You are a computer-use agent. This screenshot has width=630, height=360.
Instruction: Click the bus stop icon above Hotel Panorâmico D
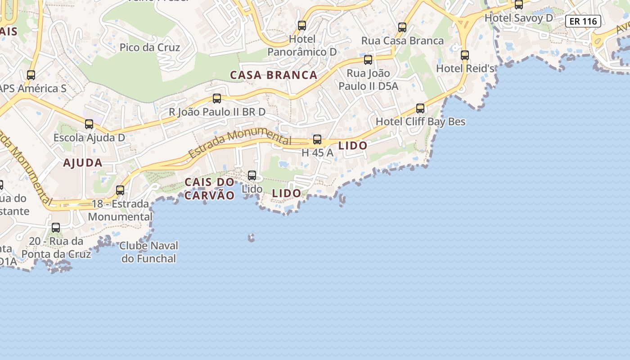(302, 26)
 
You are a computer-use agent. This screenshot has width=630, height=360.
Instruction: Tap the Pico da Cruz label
(150, 47)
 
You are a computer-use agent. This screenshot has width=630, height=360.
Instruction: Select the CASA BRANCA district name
(274, 75)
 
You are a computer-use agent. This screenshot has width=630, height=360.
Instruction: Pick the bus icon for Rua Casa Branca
(402, 27)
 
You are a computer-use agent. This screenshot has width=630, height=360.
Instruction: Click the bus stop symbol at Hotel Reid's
(465, 55)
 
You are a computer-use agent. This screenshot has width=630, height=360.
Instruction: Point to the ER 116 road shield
(583, 21)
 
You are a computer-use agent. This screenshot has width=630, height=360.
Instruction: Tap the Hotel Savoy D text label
(518, 18)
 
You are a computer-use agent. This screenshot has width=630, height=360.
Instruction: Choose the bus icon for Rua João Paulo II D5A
(368, 60)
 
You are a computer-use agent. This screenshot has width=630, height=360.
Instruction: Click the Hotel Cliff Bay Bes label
(420, 121)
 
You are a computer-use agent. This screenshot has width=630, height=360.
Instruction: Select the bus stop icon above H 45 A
(317, 139)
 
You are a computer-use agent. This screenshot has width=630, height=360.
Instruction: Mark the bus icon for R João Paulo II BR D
(217, 99)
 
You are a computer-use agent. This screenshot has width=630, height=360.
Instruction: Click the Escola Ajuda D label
(89, 137)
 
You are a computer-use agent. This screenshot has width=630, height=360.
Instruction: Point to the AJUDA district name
(83, 163)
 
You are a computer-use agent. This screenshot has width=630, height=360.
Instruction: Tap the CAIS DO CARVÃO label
(210, 189)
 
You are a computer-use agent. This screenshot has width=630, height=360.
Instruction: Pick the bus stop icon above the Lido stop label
(252, 175)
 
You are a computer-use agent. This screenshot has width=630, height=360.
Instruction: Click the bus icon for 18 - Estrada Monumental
(120, 190)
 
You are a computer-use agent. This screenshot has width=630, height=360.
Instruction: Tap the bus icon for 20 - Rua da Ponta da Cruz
(56, 228)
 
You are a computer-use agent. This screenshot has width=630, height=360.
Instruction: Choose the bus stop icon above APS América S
(31, 75)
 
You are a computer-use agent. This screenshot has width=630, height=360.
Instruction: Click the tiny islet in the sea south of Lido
(251, 237)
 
